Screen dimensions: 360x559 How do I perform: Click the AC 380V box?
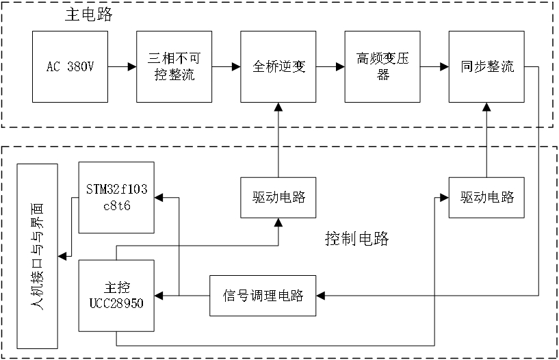click(70, 66)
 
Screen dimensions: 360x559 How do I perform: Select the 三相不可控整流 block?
click(174, 66)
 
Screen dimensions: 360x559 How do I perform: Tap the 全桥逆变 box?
click(278, 66)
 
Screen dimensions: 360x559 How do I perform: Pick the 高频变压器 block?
click(382, 66)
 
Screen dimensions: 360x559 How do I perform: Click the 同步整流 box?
click(486, 66)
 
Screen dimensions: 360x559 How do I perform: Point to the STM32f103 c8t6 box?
click(117, 198)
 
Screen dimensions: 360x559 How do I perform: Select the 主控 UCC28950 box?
click(117, 296)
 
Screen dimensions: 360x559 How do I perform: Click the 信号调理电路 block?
click(263, 296)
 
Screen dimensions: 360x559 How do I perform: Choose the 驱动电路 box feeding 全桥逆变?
click(278, 198)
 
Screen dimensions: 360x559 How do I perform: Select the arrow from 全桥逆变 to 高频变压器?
click(330, 66)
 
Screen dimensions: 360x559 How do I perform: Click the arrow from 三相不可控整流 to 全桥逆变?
click(226, 66)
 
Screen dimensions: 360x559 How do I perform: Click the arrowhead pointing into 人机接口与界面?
click(62, 256)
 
